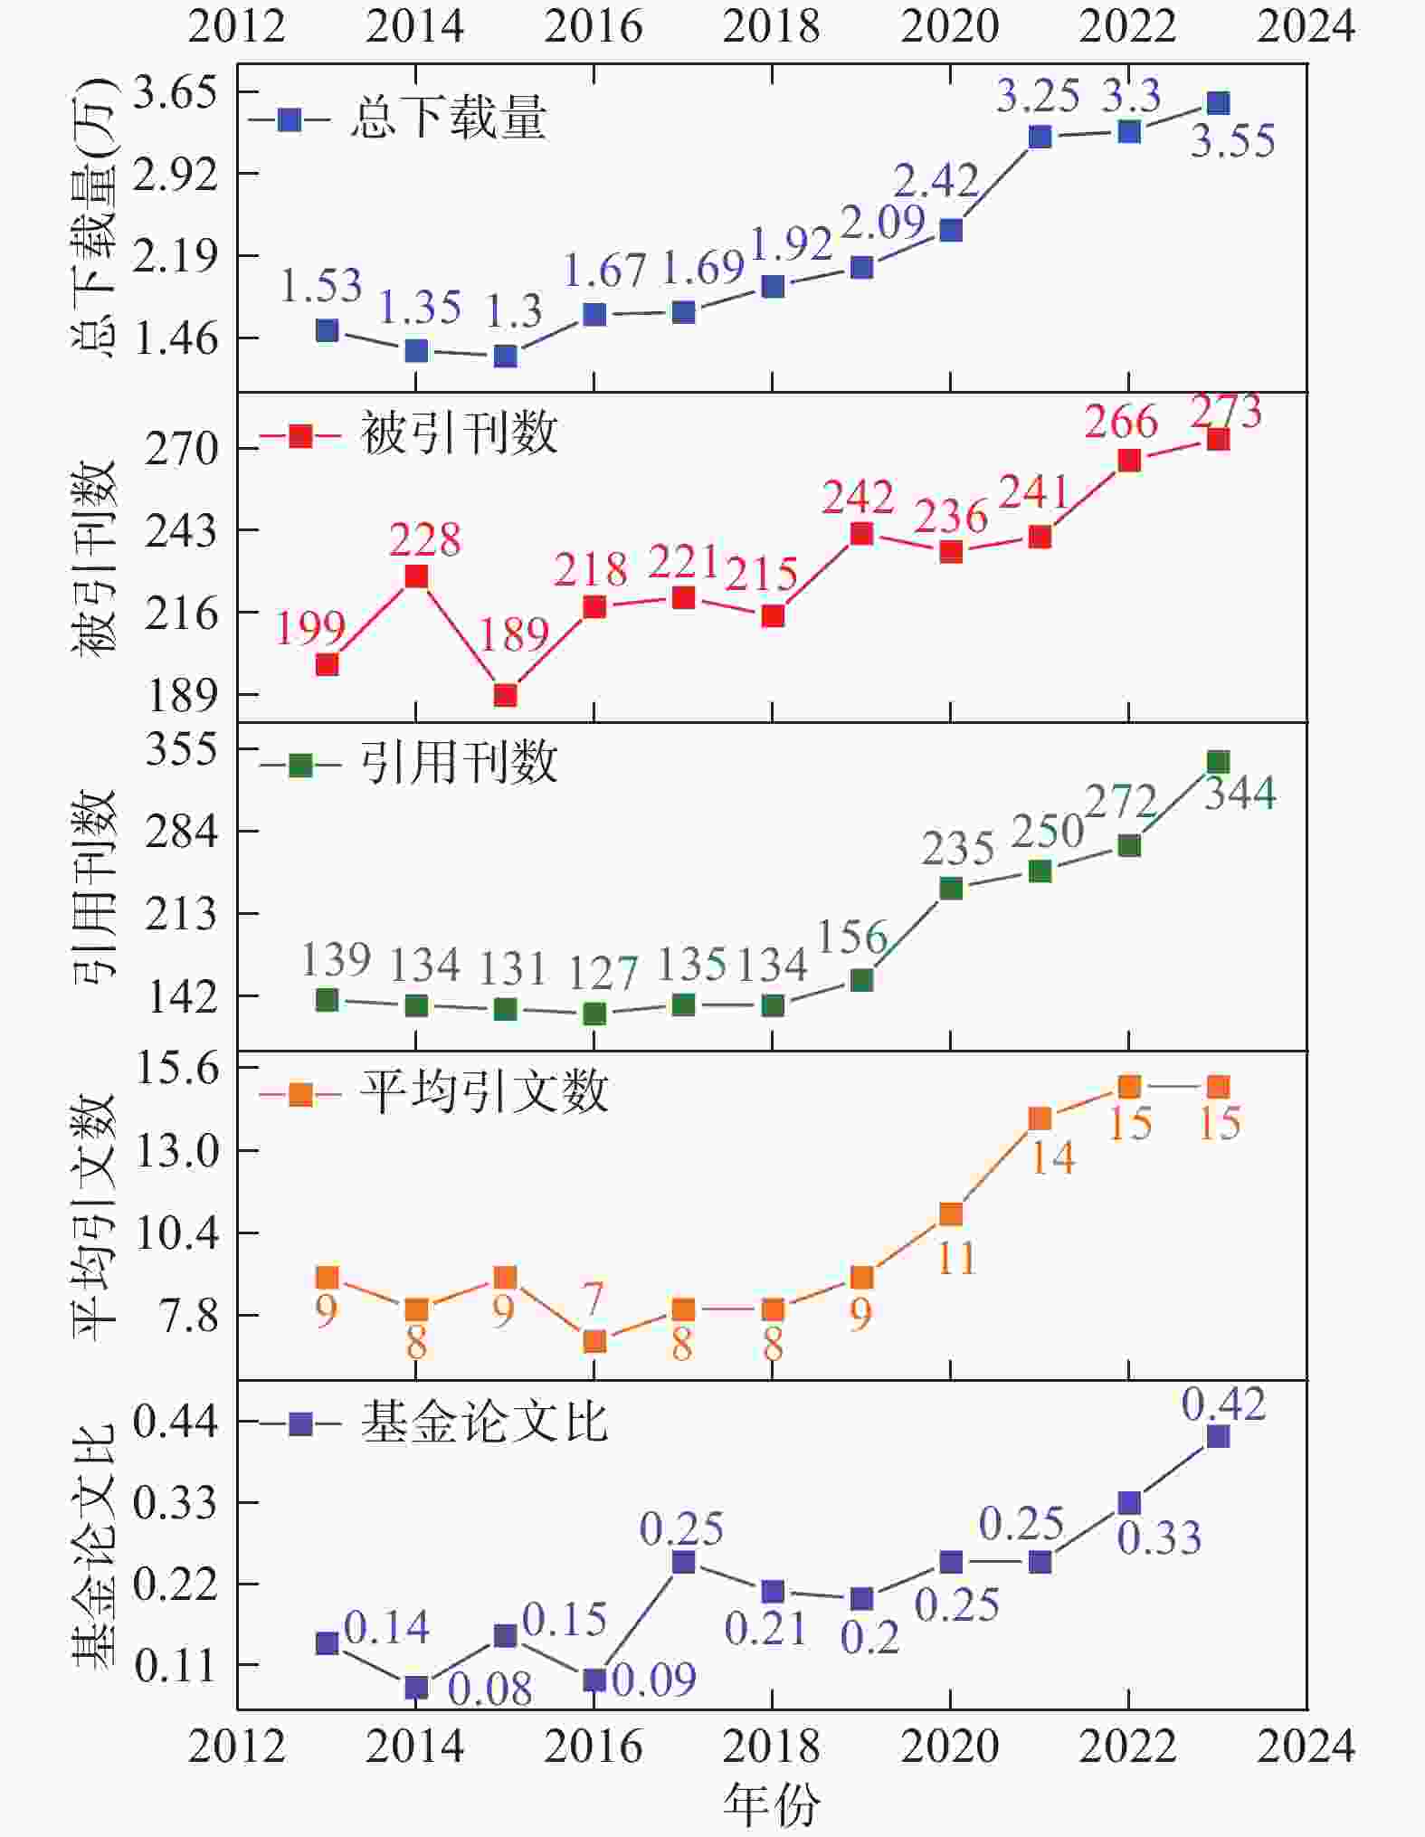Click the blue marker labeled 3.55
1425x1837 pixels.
1218,103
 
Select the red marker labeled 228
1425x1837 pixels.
416,576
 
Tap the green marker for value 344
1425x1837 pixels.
1218,762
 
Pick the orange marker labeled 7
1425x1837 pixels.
594,1341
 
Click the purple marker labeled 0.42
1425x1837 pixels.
1218,1436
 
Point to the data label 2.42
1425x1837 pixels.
936,180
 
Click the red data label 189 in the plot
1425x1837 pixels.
514,634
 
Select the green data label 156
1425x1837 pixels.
852,937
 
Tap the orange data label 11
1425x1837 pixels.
956,1258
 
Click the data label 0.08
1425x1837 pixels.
489,1689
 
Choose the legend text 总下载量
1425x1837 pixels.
449,119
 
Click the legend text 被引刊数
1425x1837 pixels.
460,434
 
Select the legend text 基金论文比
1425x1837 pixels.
484,1422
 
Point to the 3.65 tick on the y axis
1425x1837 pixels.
176,92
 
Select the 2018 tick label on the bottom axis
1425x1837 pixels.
772,1747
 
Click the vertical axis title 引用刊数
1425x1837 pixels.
94,887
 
